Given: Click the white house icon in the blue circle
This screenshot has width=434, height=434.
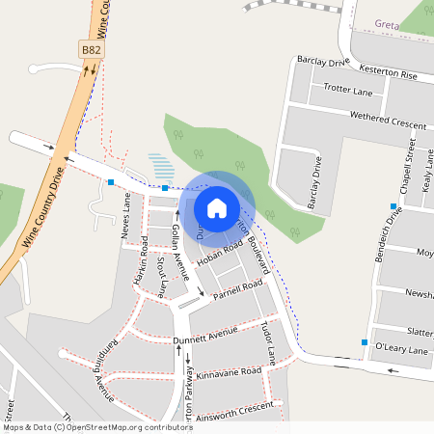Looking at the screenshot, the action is tap(217, 207).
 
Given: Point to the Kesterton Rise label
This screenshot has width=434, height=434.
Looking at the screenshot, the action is tap(387, 73).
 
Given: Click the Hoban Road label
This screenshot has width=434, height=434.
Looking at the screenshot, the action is tap(220, 254).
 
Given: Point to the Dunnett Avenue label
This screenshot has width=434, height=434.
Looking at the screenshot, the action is tap(204, 336).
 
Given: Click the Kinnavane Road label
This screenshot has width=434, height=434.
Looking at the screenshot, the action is tap(229, 371).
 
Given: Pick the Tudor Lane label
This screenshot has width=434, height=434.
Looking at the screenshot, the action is tap(268, 341).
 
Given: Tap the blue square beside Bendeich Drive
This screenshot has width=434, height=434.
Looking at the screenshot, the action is tap(393, 206).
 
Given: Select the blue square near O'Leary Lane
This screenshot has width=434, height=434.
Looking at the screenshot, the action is tap(365, 342).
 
